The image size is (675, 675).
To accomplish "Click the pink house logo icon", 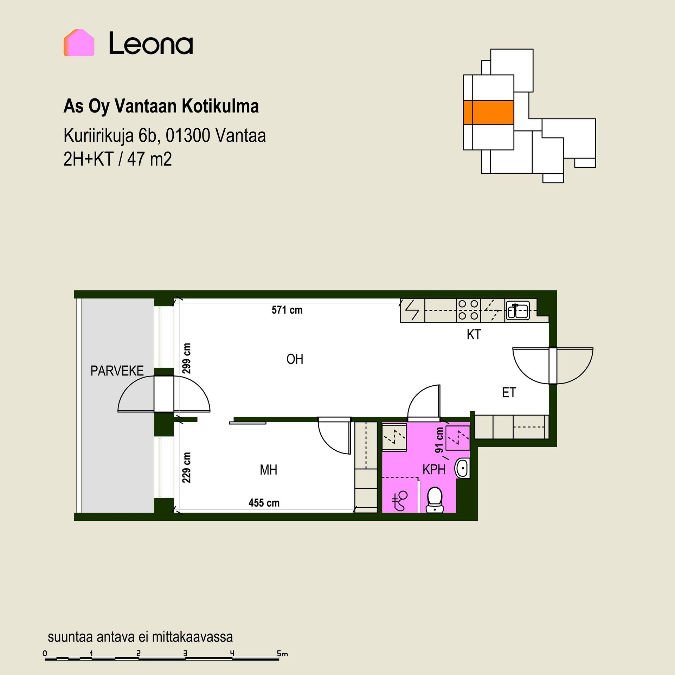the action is pos(79,43).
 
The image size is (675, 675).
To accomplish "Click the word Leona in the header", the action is pos(151,43).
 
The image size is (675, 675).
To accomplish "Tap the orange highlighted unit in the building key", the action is pos(489,112).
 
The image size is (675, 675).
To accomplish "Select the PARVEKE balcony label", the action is pos(117,371).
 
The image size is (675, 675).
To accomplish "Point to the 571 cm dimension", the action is pos(287,310).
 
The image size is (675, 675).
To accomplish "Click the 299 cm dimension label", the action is pos(187,358).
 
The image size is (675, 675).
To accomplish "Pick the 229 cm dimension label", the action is pos(187,467).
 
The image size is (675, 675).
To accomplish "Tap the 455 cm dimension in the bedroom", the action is pos(264,503).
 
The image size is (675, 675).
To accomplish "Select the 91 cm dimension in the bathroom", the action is pos(439,440).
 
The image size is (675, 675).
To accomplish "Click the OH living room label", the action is pos(295,359).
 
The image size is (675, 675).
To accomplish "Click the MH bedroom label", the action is pos(269,470).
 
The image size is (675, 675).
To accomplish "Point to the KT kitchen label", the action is pos(474,335).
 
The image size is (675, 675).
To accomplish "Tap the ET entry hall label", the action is pos(509,392).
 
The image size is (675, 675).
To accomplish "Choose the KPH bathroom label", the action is pos(434,470).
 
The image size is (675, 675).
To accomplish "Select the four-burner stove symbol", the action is pos(468,310).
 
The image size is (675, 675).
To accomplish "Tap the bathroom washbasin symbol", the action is pos(463,468).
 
